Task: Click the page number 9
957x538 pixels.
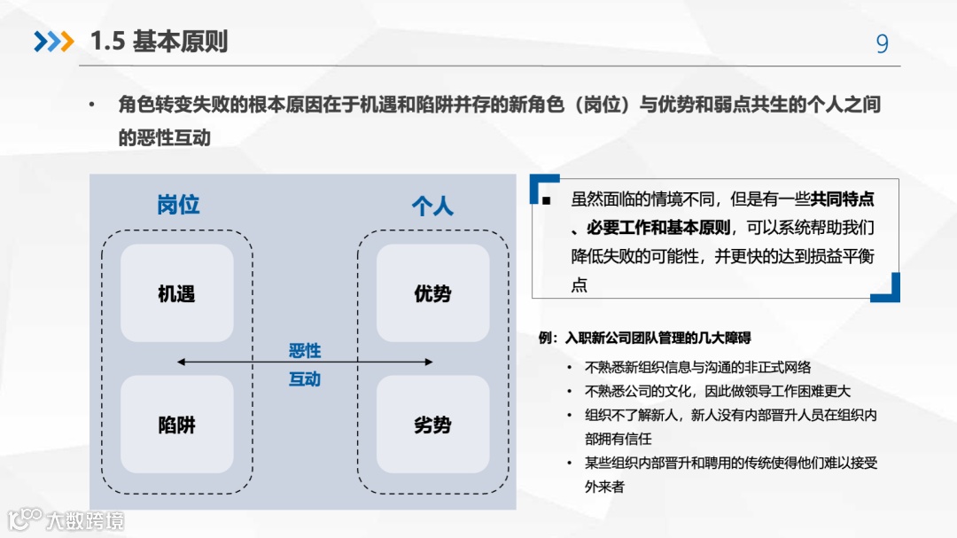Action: tap(882, 44)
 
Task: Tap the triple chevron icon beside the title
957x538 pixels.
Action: tap(53, 42)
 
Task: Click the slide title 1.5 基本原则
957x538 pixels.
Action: tap(159, 42)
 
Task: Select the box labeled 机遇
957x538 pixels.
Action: tap(176, 293)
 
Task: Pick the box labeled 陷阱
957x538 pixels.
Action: tap(176, 425)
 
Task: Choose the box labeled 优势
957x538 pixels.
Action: tap(432, 293)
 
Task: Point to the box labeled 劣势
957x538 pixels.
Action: tap(432, 425)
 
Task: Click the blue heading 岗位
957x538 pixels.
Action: tap(178, 205)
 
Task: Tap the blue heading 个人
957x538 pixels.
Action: tap(432, 207)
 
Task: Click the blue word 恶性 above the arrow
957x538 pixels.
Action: tap(305, 351)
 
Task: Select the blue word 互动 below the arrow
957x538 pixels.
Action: tap(305, 379)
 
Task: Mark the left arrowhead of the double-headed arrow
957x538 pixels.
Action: tap(181, 362)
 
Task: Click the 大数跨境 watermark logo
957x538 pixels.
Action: tap(66, 519)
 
